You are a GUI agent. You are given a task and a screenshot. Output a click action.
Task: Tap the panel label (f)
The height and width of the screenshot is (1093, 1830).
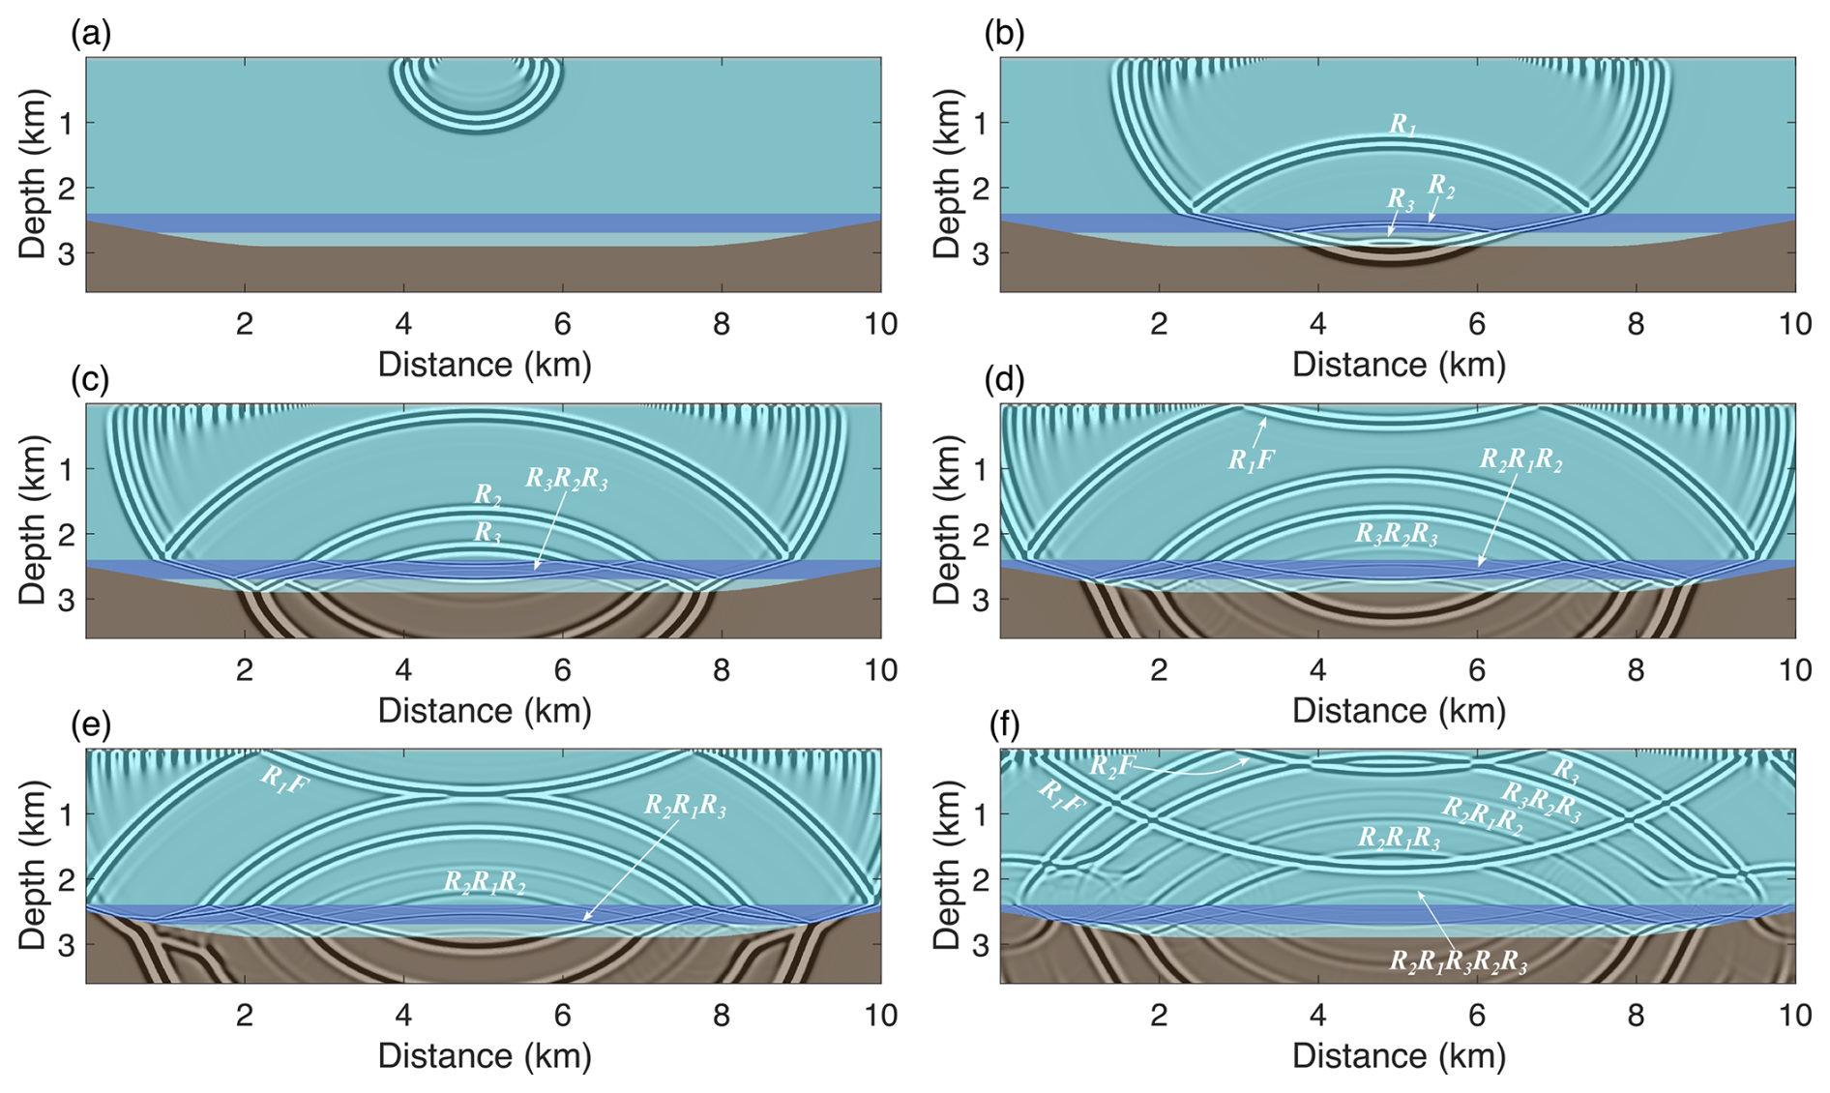[x=1005, y=724]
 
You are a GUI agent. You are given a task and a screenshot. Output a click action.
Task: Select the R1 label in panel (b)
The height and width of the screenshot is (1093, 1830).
[x=1402, y=125]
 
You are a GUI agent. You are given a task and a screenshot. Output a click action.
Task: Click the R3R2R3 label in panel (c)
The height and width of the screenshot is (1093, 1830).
[x=566, y=479]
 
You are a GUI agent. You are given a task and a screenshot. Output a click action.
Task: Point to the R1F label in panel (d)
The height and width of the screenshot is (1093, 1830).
[x=1251, y=460]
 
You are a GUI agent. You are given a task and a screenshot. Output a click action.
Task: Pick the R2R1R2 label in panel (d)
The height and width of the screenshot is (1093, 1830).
[x=1520, y=459]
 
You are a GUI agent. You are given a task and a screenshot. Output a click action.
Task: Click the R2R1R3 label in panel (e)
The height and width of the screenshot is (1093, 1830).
[x=685, y=807]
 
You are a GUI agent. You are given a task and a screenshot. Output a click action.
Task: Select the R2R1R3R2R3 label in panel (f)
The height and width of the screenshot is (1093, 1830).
[x=1458, y=961]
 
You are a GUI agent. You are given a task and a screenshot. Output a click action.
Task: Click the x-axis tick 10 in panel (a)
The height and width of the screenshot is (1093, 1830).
[x=880, y=324]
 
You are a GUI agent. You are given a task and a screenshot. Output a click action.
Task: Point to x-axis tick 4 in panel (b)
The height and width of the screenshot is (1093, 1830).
[x=1317, y=324]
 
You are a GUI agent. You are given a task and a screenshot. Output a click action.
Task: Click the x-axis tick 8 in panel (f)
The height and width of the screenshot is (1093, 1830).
[x=1636, y=1016]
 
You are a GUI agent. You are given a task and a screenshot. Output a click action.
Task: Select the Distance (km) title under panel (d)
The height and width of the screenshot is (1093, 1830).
[x=1399, y=711]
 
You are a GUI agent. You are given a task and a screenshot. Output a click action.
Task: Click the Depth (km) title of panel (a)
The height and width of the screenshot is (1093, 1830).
[x=33, y=175]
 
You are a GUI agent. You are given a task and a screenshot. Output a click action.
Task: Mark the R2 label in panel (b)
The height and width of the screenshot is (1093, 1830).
[x=1440, y=185]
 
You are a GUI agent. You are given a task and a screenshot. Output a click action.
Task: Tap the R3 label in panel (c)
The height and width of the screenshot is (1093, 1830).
[x=487, y=533]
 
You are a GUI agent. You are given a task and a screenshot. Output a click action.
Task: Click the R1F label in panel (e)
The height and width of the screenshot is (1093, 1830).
[x=284, y=780]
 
